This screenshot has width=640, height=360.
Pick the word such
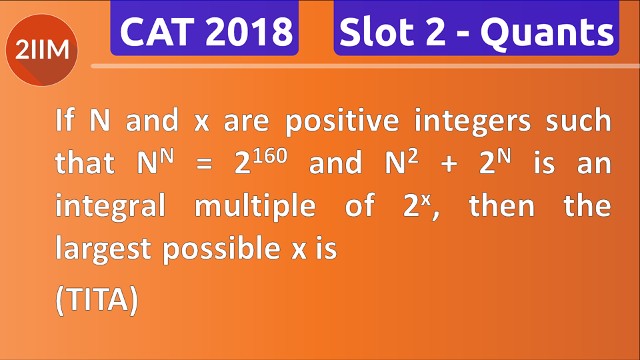(x=578, y=121)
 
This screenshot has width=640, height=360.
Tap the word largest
(x=103, y=249)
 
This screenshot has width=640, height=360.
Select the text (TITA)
(x=96, y=300)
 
